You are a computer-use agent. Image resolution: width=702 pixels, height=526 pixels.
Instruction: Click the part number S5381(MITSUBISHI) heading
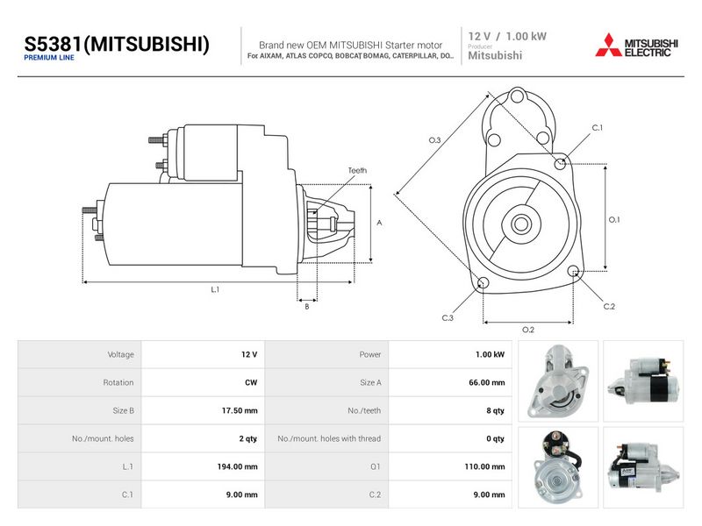coord(117,45)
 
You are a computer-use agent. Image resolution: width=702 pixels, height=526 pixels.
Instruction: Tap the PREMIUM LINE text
coord(49,58)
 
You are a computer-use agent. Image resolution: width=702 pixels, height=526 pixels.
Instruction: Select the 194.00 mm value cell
coord(237,466)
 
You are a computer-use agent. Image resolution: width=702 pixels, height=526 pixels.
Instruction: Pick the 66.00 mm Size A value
coord(487,382)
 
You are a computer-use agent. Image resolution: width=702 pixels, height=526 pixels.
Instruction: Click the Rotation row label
coord(118,382)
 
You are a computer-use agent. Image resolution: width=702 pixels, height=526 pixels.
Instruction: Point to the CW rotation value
coord(251,382)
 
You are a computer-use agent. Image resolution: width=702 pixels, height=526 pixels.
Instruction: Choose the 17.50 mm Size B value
coord(240,410)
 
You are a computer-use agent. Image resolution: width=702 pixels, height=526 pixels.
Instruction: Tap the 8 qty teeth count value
coord(495,410)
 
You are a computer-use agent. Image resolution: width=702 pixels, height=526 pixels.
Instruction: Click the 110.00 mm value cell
coord(484,466)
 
